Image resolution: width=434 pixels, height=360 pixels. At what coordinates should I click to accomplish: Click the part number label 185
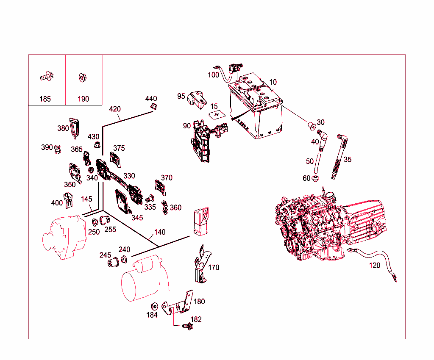pyautogui.click(x=45, y=99)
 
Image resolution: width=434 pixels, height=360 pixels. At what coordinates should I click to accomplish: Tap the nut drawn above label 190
pyautogui.click(x=81, y=78)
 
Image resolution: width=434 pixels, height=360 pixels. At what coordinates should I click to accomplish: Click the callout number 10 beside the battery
pyautogui.click(x=273, y=82)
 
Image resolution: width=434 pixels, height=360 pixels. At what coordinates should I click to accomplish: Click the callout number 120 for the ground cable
pyautogui.click(x=375, y=266)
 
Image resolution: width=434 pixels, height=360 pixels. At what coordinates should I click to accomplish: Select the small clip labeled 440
pyautogui.click(x=155, y=106)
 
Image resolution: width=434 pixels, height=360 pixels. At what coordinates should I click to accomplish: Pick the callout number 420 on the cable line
pyautogui.click(x=115, y=109)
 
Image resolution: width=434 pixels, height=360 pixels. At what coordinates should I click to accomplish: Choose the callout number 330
pyautogui.click(x=129, y=176)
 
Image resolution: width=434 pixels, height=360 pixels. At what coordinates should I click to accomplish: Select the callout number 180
pyautogui.click(x=199, y=302)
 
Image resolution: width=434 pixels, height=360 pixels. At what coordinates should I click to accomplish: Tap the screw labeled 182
pyautogui.click(x=187, y=326)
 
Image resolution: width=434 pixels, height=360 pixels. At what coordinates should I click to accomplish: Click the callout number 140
pyautogui.click(x=160, y=232)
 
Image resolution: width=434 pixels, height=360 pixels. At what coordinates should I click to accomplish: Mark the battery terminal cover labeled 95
pyautogui.click(x=197, y=98)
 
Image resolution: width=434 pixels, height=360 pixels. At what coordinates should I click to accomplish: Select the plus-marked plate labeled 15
pyautogui.click(x=217, y=114)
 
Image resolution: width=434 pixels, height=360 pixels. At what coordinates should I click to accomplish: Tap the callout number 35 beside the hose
pyautogui.click(x=348, y=160)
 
